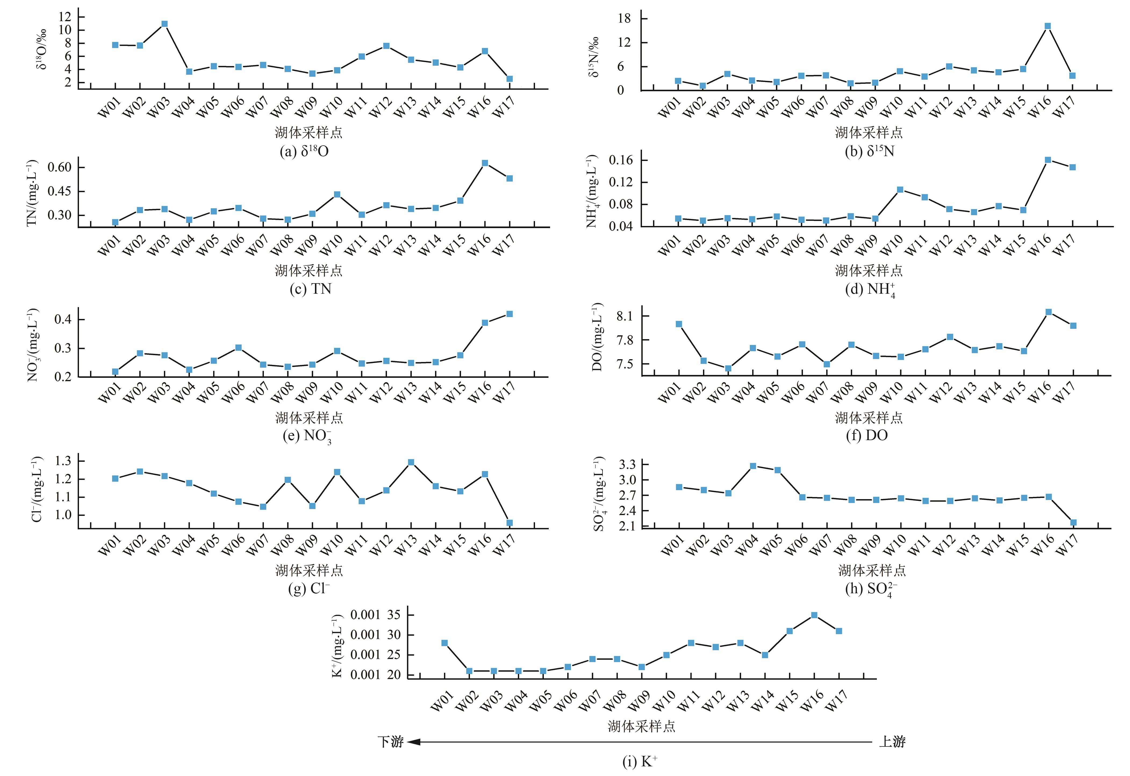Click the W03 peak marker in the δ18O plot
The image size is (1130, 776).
coord(164,24)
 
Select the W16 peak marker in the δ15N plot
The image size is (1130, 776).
coord(1048,26)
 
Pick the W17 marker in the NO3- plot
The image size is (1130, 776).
coord(510,314)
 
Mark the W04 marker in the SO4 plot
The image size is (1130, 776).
coord(753,466)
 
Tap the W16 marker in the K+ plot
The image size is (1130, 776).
coord(814,615)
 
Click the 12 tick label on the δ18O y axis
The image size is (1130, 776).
coord(65,17)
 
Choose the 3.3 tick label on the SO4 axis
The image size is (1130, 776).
coord(627,465)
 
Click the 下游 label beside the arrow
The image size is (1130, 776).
coord(390,742)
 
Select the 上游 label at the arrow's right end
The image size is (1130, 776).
coord(892,742)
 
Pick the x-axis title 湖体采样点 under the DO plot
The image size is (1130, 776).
coord(869,417)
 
